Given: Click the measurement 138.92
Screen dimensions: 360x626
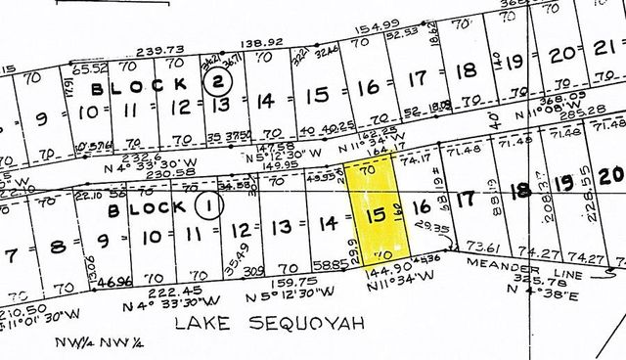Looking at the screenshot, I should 262,43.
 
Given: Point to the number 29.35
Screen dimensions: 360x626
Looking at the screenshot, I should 425,227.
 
